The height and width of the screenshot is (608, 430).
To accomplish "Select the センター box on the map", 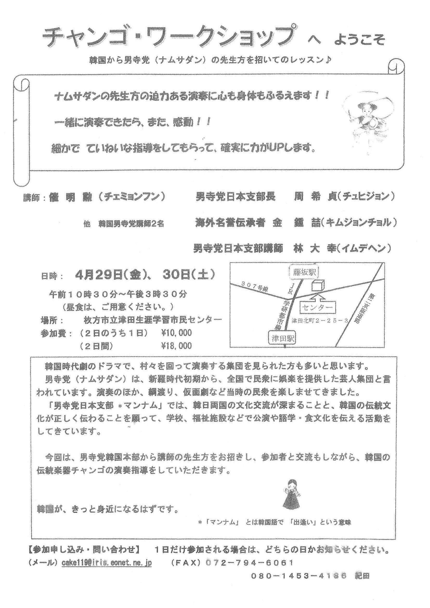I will pyautogui.click(x=317, y=308).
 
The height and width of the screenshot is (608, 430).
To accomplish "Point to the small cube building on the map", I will pyautogui.click(x=318, y=286).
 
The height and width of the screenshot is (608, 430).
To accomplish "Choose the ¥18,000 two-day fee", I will pyautogui.click(x=177, y=346).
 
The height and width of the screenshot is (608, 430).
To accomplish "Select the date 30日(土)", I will pyautogui.click(x=188, y=275).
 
